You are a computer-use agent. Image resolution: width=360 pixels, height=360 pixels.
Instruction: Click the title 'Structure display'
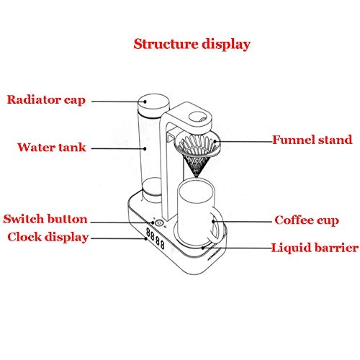(x=192, y=44)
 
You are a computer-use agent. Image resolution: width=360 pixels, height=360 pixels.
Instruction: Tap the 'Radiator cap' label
(x=47, y=99)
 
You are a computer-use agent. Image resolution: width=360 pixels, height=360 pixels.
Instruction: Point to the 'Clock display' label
(x=48, y=237)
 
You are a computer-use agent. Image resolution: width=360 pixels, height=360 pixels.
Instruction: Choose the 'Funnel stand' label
(x=311, y=139)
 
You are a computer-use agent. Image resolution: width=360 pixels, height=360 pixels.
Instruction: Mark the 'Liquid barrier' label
(x=315, y=248)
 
